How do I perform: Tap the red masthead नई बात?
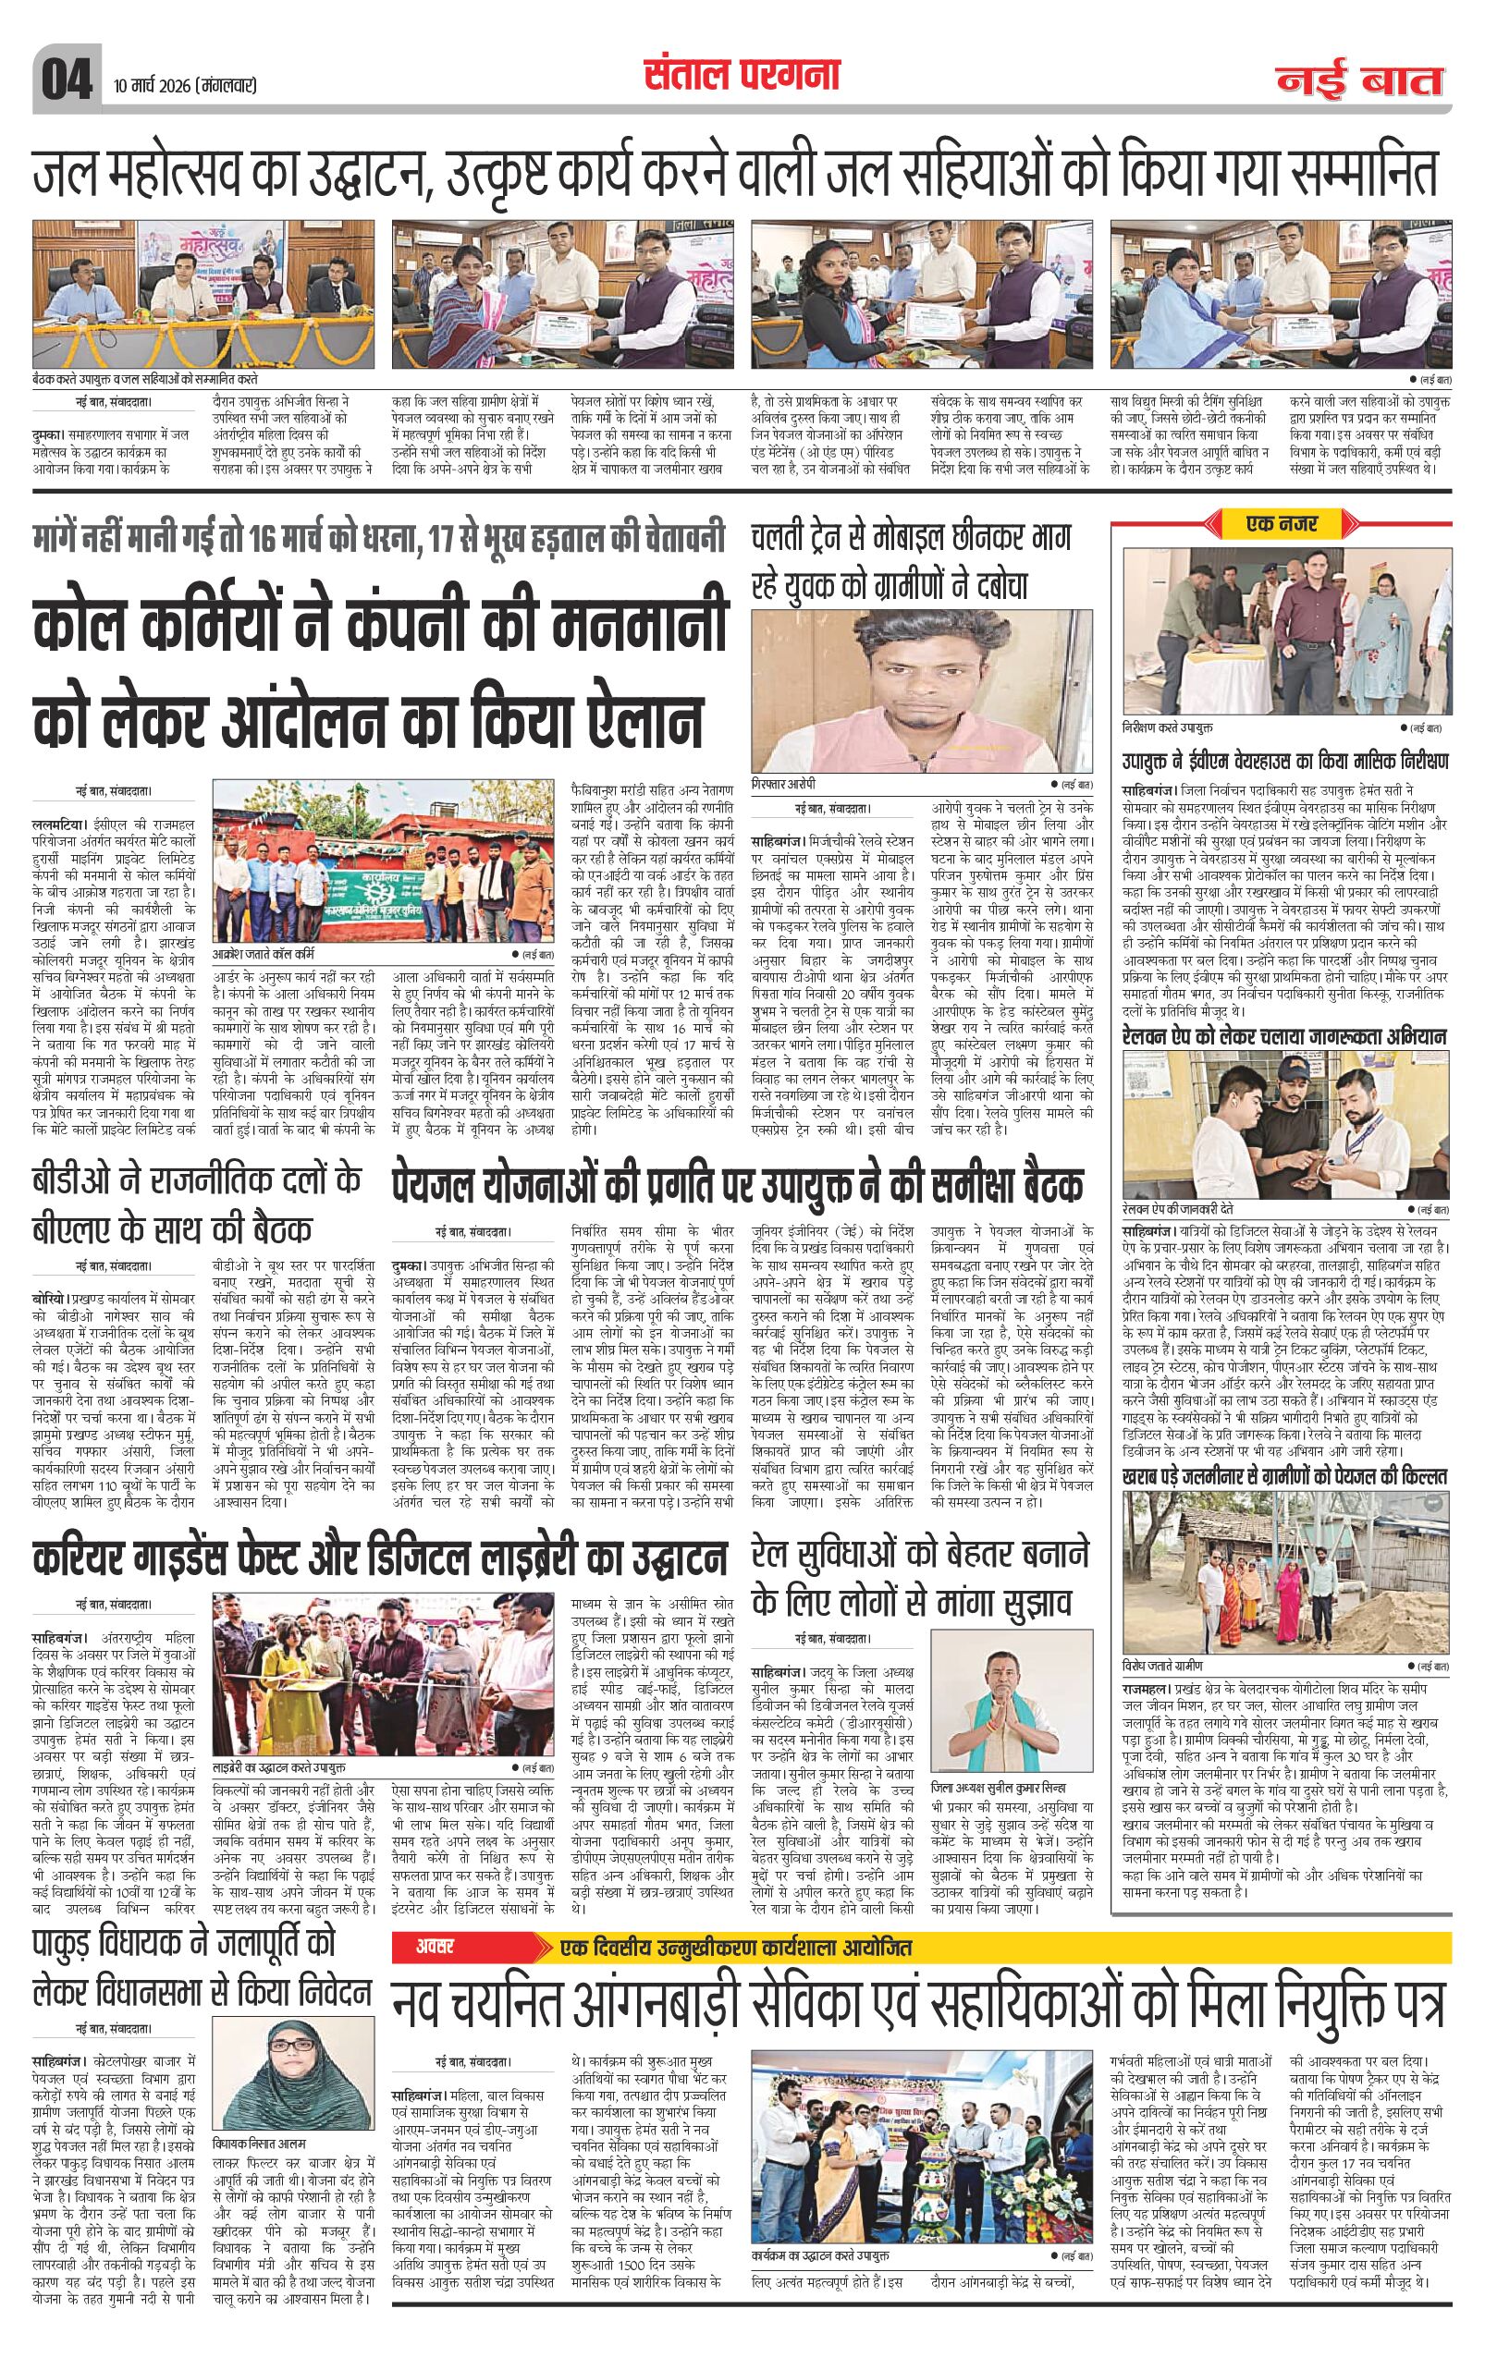point(1359,79)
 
